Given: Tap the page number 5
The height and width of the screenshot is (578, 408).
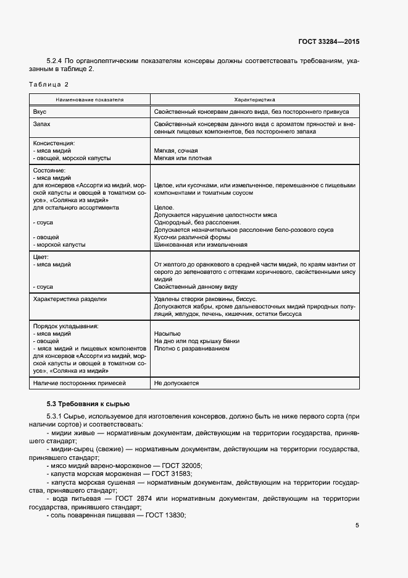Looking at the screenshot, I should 357,525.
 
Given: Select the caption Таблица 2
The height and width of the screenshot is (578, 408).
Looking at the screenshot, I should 49,84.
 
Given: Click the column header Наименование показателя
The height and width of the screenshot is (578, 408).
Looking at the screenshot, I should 90,99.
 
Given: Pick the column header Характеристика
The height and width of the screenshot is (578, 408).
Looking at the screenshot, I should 254,99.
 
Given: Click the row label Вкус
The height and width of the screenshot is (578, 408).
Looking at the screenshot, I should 40,112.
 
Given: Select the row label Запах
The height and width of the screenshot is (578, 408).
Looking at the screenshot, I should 41,124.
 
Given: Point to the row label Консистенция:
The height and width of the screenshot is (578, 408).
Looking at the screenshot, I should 54,143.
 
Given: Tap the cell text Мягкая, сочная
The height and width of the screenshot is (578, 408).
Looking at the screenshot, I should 176,150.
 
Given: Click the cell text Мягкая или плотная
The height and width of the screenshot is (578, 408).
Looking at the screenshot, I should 183,158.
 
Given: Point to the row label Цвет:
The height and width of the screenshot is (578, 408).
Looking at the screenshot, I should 41,257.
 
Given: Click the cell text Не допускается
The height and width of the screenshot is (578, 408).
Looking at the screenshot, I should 177,383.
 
